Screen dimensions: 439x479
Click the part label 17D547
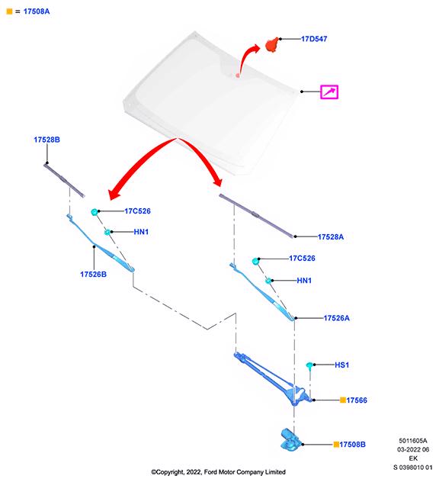[314, 39]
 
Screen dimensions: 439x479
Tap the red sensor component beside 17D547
[272, 44]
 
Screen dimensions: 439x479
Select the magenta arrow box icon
[329, 92]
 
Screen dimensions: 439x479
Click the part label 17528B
[46, 140]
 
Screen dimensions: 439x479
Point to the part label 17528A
[331, 236]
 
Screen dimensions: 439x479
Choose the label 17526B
[94, 275]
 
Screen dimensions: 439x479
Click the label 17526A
[336, 318]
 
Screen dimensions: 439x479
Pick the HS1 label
[341, 365]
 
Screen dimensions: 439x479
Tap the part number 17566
[357, 400]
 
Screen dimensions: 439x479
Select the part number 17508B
[352, 445]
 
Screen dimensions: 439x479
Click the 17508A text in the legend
[37, 11]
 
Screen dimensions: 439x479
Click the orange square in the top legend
[9, 11]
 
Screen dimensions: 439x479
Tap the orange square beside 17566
[343, 400]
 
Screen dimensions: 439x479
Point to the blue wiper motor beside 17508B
[290, 439]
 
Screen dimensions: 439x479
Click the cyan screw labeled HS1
[309, 366]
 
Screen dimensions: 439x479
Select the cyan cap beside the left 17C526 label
[95, 212]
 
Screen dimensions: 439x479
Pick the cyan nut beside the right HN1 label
[268, 281]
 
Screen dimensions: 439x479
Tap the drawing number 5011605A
[413, 441]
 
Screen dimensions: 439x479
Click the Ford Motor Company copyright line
[218, 472]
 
